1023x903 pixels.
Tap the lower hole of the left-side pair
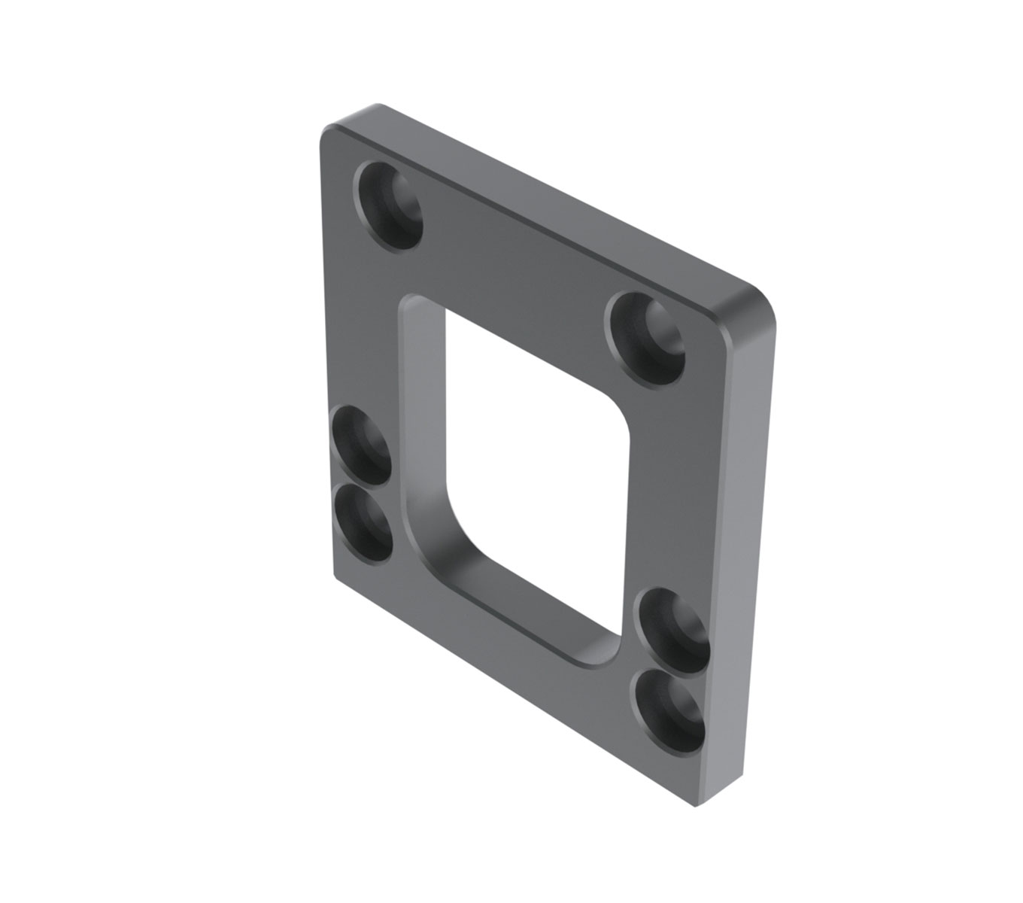click(x=363, y=523)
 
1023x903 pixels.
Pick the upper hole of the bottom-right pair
click(x=672, y=629)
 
